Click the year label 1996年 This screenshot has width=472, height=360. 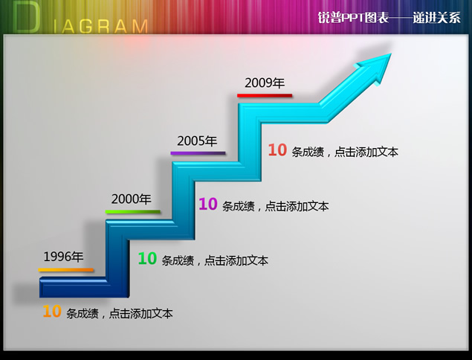[x=63, y=257]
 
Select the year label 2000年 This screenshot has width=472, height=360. [x=132, y=199]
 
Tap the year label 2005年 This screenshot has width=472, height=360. [x=197, y=141]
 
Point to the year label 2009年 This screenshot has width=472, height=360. [x=265, y=83]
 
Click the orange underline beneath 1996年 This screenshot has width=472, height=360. [x=66, y=270]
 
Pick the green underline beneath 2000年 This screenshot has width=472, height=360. [x=133, y=212]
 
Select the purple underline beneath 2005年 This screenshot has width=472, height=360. [x=198, y=153]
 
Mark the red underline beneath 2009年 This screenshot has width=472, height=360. [x=265, y=95]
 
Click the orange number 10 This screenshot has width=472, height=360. [x=52, y=312]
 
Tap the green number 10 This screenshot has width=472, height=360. [x=147, y=259]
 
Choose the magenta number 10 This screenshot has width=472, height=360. [x=208, y=204]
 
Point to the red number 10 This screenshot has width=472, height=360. [x=277, y=150]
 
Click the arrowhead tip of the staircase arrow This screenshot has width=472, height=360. [x=391, y=54]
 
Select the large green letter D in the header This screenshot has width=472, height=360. [x=27, y=17]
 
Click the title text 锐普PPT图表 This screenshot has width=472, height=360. [x=353, y=18]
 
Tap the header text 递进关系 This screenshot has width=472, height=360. [x=436, y=18]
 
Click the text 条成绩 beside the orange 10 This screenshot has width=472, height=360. [x=83, y=314]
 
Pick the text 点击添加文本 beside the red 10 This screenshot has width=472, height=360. [x=366, y=152]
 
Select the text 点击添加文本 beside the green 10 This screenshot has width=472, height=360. [x=236, y=261]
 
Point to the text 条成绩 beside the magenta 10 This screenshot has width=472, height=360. [x=239, y=206]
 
